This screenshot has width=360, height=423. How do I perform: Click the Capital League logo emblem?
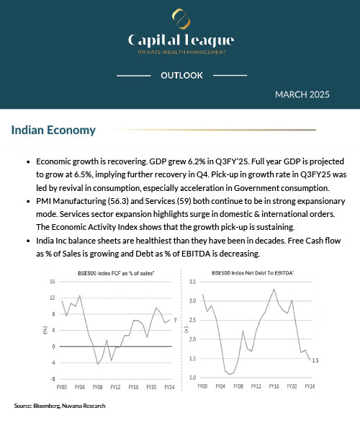[179, 17]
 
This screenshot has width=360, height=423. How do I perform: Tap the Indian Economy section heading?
[53, 130]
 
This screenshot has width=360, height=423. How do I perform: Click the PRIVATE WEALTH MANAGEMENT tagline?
[180, 52]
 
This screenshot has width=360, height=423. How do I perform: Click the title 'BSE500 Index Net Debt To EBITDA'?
[257, 272]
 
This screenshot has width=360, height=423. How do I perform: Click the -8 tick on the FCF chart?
[53, 378]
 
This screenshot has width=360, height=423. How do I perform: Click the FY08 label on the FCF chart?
[96, 387]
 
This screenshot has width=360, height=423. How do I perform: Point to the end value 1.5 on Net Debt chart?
[314, 360]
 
